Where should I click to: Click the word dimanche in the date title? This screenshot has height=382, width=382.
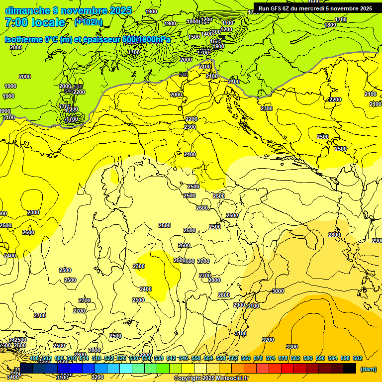coord(27,10)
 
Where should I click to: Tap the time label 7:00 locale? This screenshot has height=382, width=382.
coord(35,22)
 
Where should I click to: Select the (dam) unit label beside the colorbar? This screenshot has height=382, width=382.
coord(368,369)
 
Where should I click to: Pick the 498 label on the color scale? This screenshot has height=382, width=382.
coord(34,358)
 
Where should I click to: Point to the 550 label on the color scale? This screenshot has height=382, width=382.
coord(196,358)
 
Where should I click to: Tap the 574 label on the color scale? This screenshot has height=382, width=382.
coord(271,358)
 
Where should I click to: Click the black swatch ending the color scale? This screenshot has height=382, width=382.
coord(350,369)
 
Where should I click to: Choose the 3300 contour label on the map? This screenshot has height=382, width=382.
coord(292,347)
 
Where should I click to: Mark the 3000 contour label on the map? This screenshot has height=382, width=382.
coord(278,291)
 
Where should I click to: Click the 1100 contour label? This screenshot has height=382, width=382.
coord(227,23)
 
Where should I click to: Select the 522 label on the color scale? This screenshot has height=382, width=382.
coord(109,358)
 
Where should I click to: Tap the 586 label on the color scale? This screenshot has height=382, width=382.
coord(308,358)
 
